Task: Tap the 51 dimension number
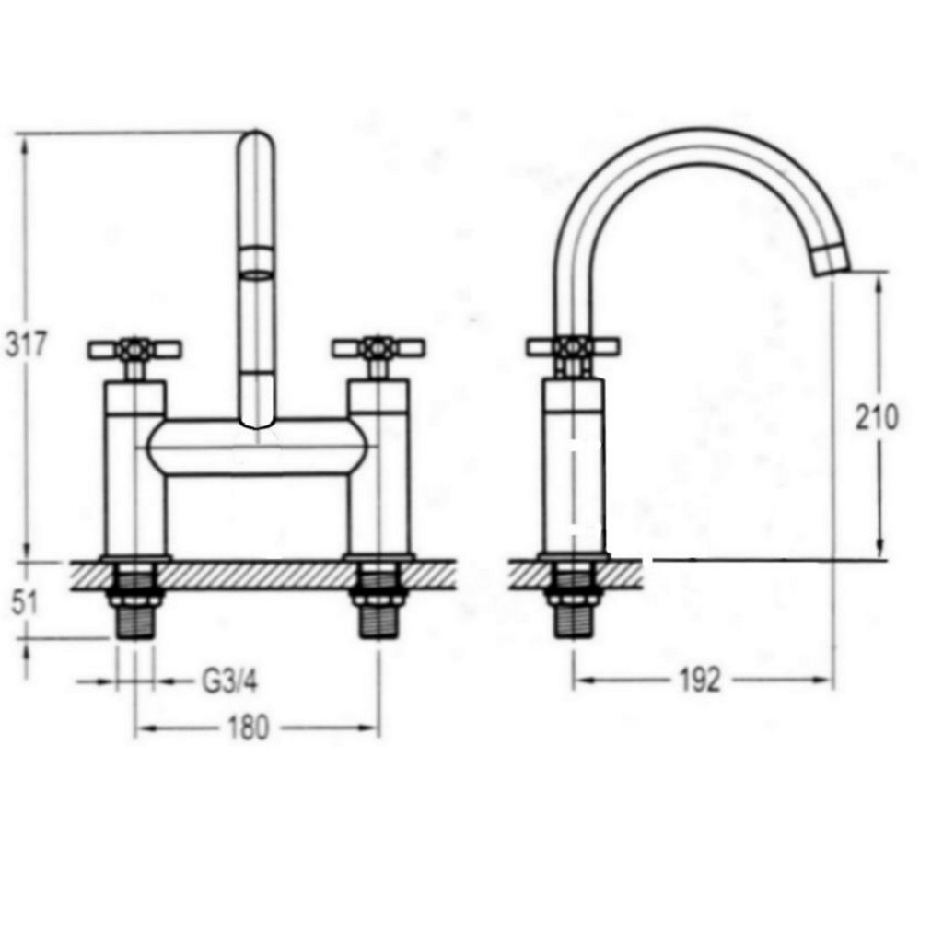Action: tap(25, 603)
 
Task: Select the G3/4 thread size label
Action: tap(229, 682)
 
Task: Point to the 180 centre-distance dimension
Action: tap(249, 728)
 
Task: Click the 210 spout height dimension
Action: tap(877, 418)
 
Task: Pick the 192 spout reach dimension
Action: tap(699, 681)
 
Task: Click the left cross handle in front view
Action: tap(134, 349)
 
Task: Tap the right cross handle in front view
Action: tap(378, 348)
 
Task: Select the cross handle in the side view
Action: tap(573, 347)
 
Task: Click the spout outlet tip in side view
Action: tap(832, 261)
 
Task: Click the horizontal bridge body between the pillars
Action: tap(257, 448)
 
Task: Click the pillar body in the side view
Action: tap(573, 470)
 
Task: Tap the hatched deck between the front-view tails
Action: tap(257, 576)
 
